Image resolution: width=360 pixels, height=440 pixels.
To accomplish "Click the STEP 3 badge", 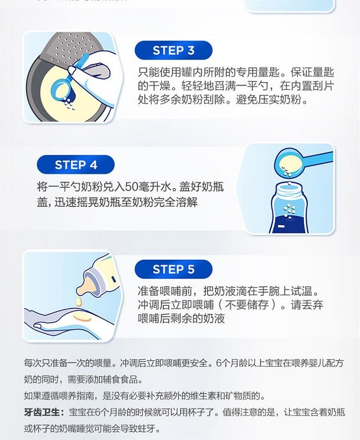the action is click(x=173, y=50).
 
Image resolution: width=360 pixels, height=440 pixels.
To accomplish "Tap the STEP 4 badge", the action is click(x=76, y=165).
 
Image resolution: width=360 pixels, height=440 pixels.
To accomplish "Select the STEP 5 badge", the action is click(x=173, y=269).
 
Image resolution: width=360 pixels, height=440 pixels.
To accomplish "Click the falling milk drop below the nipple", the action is click(x=79, y=302).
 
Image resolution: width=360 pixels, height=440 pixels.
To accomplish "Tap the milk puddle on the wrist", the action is click(x=82, y=318).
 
